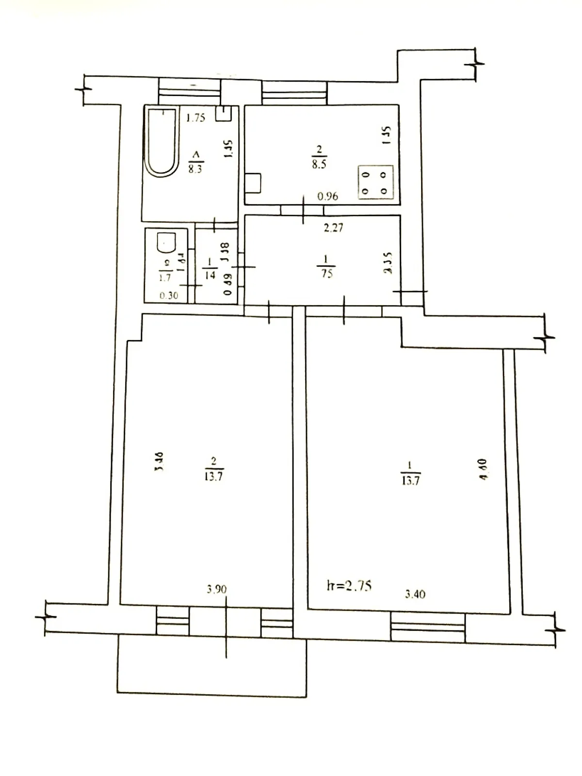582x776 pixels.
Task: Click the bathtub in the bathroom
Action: (162, 143)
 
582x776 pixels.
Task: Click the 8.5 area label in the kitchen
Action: (319, 164)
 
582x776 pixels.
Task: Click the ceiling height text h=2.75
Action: (349, 586)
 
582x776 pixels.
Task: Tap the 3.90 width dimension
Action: (216, 590)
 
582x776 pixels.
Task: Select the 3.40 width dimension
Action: (415, 594)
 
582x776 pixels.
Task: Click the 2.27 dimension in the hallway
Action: (333, 226)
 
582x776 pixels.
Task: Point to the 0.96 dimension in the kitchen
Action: (327, 196)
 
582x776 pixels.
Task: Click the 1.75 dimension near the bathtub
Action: (196, 117)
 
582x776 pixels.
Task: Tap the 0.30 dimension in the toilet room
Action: (168, 295)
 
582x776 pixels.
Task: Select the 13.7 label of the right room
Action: (410, 481)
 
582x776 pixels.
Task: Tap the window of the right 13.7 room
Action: (428, 628)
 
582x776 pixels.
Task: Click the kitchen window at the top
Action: (294, 93)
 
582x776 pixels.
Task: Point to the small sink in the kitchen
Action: (254, 183)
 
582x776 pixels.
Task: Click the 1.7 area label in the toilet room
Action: (165, 278)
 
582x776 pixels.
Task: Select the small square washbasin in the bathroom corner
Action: (224, 113)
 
